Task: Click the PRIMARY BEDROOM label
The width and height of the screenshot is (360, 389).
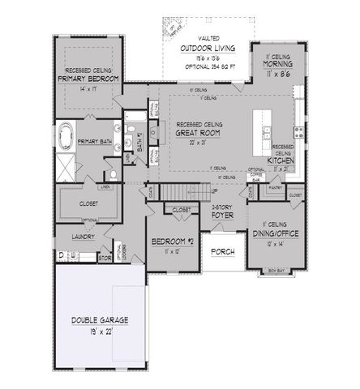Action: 88,79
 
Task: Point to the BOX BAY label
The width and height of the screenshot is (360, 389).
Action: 276,267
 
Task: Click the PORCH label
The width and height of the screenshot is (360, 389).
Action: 222,252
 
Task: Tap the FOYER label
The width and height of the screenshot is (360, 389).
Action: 222,216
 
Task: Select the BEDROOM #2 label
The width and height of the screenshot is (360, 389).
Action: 170,242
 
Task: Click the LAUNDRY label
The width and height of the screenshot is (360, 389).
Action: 82,237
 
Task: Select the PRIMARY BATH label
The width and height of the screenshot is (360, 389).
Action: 94,142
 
